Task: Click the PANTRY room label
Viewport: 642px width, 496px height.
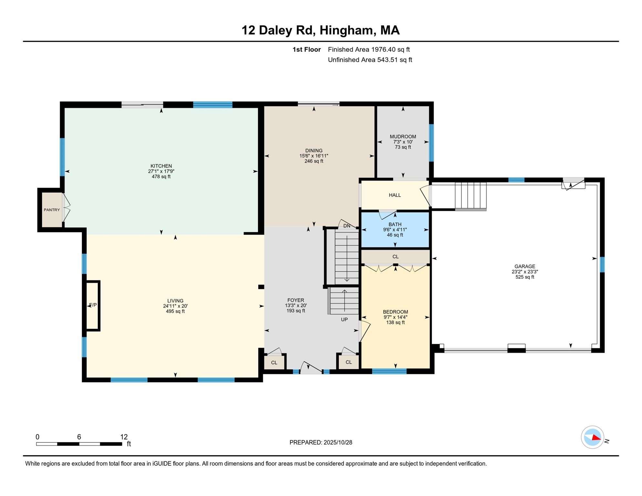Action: click(52, 210)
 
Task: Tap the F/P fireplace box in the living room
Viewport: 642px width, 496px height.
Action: click(93, 305)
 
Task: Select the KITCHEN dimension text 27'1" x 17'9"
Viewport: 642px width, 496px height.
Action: click(161, 171)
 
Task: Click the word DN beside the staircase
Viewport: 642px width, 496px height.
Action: click(347, 226)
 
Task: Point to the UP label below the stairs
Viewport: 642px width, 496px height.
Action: click(344, 320)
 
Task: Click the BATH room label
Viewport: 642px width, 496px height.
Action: click(395, 224)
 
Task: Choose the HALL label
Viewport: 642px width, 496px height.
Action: click(395, 195)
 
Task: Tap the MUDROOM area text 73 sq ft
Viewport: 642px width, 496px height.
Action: click(403, 147)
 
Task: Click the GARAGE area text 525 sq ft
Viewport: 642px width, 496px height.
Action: click(525, 277)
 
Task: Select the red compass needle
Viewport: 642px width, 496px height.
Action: click(595, 438)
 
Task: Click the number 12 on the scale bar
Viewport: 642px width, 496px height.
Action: click(124, 437)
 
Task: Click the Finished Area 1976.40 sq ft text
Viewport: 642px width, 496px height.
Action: click(368, 50)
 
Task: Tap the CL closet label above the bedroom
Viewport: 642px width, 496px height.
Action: click(395, 257)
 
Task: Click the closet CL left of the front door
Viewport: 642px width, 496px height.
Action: click(274, 363)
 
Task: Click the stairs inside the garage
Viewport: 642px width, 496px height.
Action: click(471, 196)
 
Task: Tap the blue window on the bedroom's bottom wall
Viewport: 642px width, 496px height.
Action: click(389, 371)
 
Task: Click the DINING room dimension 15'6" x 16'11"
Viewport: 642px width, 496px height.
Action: click(314, 156)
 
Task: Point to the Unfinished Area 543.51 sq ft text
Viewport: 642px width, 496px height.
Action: click(370, 60)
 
